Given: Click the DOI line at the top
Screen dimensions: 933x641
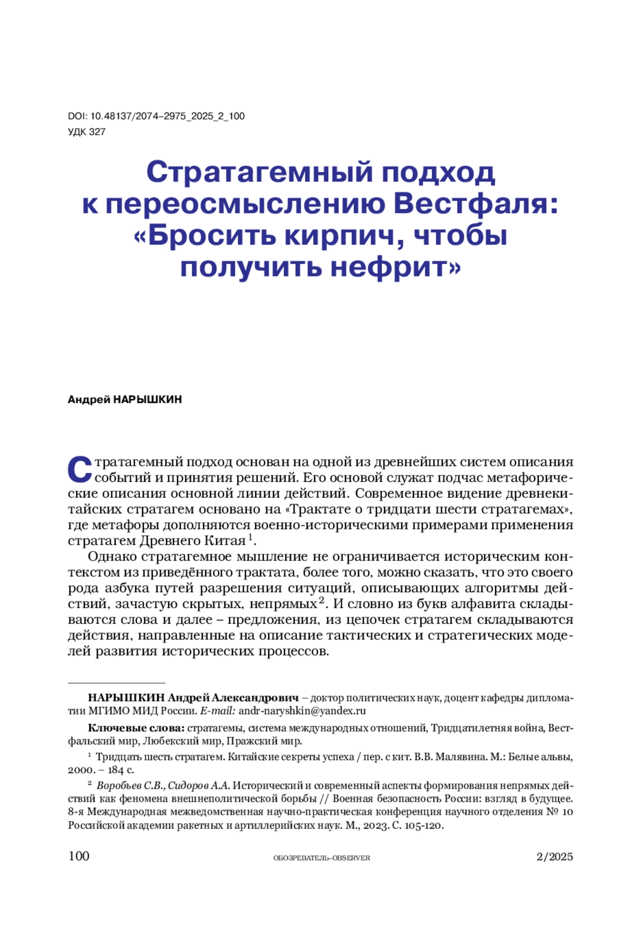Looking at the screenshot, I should [156, 116].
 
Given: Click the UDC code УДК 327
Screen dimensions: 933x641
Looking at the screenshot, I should [87, 131].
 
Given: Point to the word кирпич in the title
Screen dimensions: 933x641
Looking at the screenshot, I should [343, 235].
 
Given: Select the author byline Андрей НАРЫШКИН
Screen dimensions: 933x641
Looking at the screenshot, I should [124, 399].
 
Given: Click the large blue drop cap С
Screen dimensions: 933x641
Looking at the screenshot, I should [80, 469].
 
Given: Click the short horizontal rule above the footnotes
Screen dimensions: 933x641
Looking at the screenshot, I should [116, 683].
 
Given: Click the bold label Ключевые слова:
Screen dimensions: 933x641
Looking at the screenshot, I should [136, 728].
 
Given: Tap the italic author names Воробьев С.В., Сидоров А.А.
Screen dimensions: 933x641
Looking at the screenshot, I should [163, 786].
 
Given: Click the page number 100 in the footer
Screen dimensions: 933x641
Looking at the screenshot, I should [79, 856].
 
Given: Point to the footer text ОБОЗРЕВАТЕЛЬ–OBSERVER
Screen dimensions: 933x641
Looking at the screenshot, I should [322, 858].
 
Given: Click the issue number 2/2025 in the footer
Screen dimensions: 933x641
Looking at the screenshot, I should [554, 857].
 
